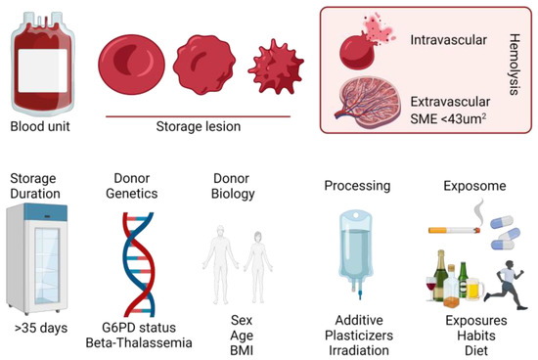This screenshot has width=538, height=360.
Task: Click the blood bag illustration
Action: pyautogui.click(x=40, y=65)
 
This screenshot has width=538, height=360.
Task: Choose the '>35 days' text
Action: pyautogui.click(x=40, y=327)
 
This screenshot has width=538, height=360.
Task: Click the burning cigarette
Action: pyautogui.click(x=463, y=226)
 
